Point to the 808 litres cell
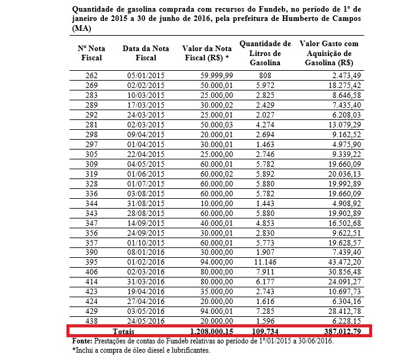265,74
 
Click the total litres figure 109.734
265,331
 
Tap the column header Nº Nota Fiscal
89,53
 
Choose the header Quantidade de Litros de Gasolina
265,53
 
